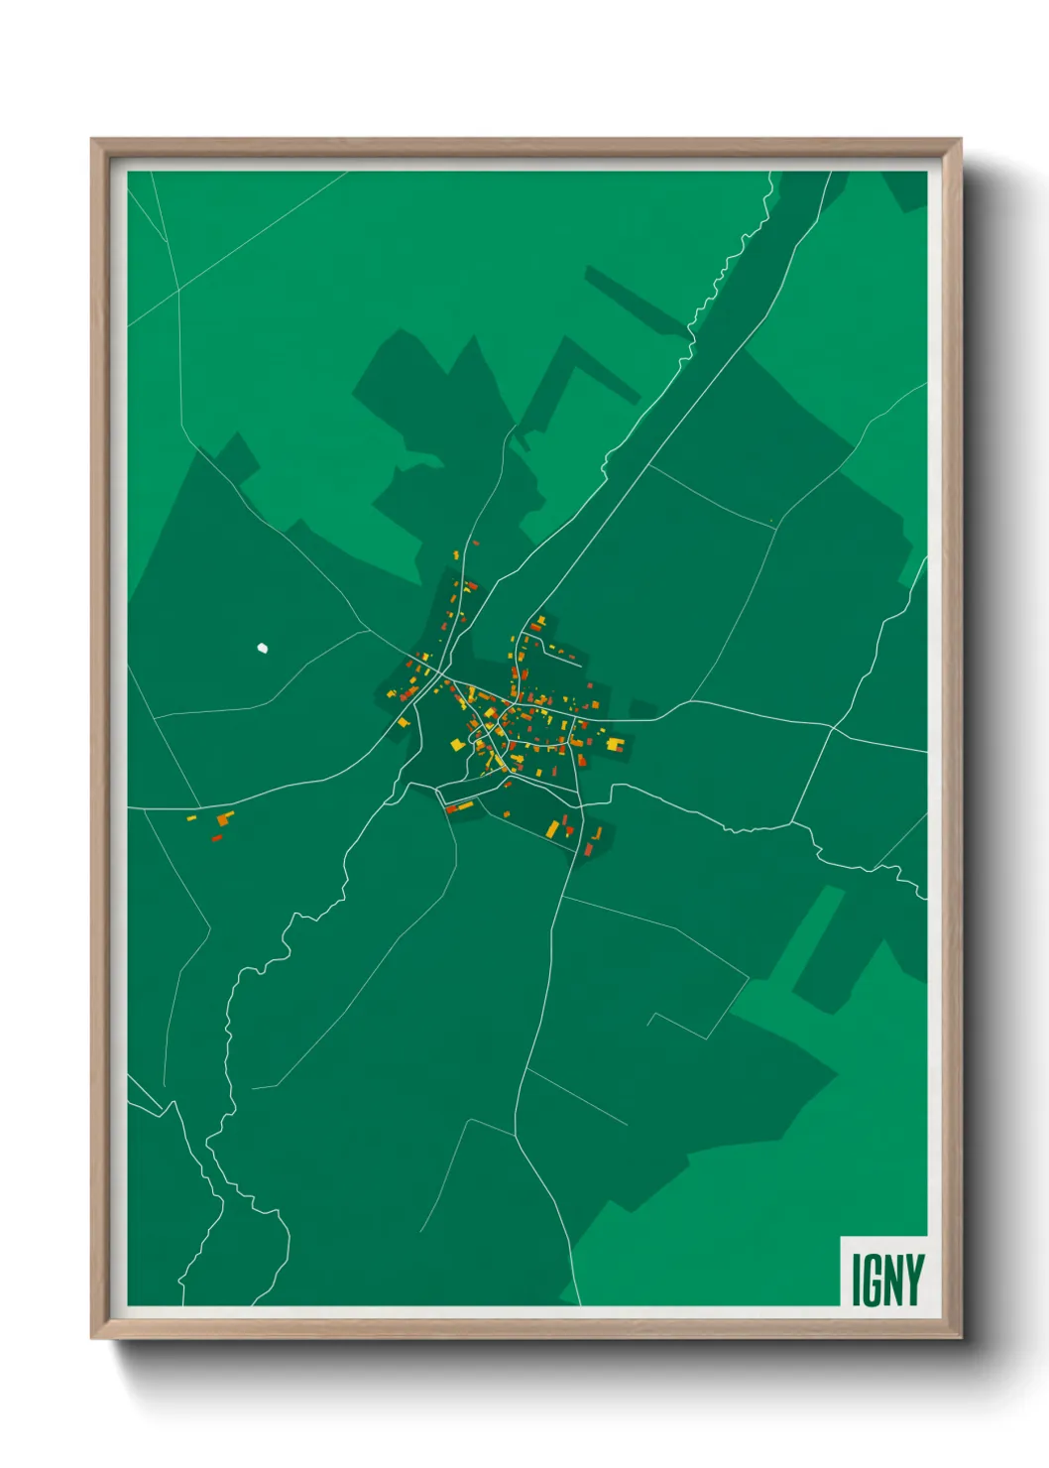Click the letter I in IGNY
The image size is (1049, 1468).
(856, 1280)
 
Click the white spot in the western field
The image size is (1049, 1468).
(263, 649)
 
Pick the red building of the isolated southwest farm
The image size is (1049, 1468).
(216, 838)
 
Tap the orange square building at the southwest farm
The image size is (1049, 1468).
(225, 819)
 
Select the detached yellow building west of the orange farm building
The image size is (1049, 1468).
(191, 818)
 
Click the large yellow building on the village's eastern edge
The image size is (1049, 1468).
(616, 743)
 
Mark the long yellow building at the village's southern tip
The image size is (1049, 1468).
(553, 828)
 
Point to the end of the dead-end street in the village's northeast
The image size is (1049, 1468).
(580, 667)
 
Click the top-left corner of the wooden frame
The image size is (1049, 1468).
(92, 140)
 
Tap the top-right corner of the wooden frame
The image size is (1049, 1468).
(960, 140)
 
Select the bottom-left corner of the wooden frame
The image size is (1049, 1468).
(92, 1337)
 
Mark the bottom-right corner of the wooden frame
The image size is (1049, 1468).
(960, 1337)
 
